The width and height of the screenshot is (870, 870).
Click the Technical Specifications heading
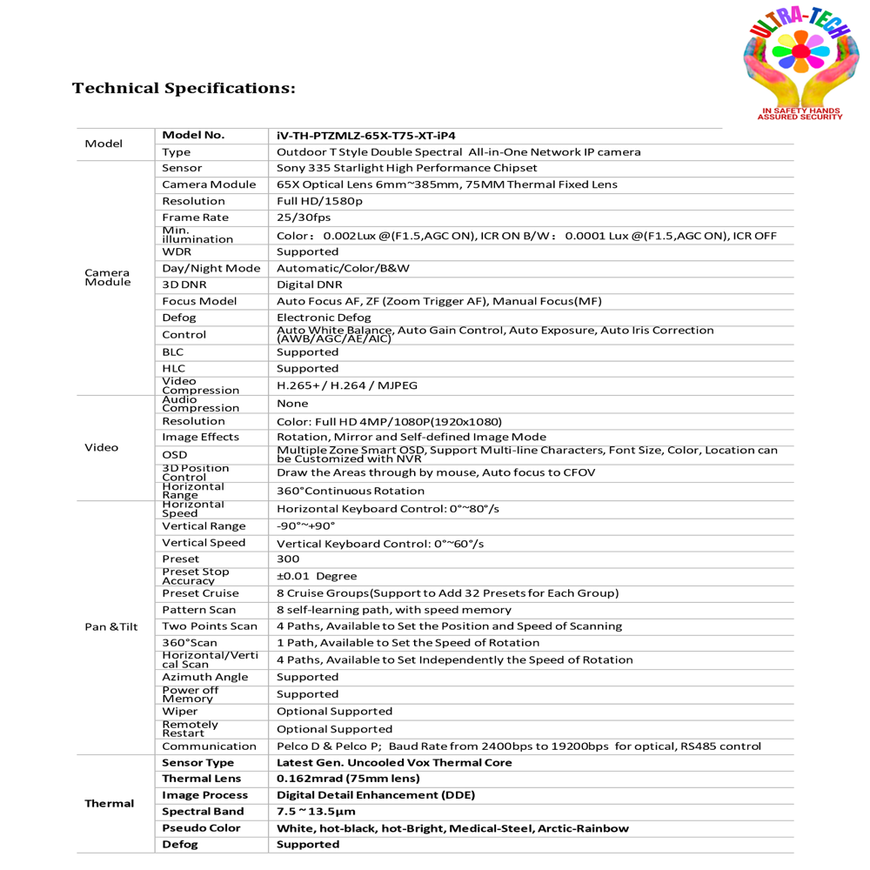point(184,89)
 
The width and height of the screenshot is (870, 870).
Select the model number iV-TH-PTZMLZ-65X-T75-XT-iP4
point(365,136)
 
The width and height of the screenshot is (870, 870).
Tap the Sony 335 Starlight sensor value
point(406,168)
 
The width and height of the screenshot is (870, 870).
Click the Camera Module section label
point(108,277)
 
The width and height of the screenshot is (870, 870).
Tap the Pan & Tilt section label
point(111,626)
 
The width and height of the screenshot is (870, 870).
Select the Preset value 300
point(288,559)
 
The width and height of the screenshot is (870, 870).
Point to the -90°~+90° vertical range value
point(305,526)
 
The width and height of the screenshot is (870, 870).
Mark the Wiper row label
point(180,712)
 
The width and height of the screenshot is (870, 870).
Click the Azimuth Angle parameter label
point(204,677)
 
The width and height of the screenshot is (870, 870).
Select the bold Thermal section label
point(110,803)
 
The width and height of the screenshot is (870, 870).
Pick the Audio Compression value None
point(292,404)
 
